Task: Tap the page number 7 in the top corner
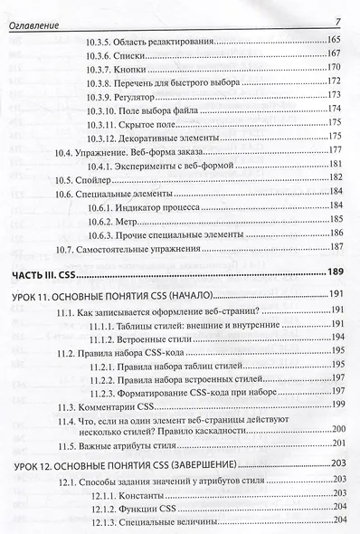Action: click(337, 22)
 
